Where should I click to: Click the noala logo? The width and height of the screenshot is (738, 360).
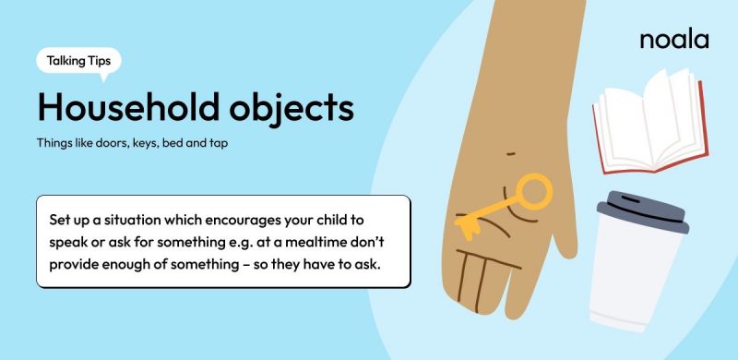[x=673, y=40]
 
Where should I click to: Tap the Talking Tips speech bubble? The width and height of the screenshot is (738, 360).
[x=78, y=61]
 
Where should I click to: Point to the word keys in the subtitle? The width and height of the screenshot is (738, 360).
[x=137, y=145]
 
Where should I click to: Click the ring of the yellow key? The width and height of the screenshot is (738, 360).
[x=533, y=191]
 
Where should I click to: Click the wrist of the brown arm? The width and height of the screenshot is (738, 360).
[x=530, y=55]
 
